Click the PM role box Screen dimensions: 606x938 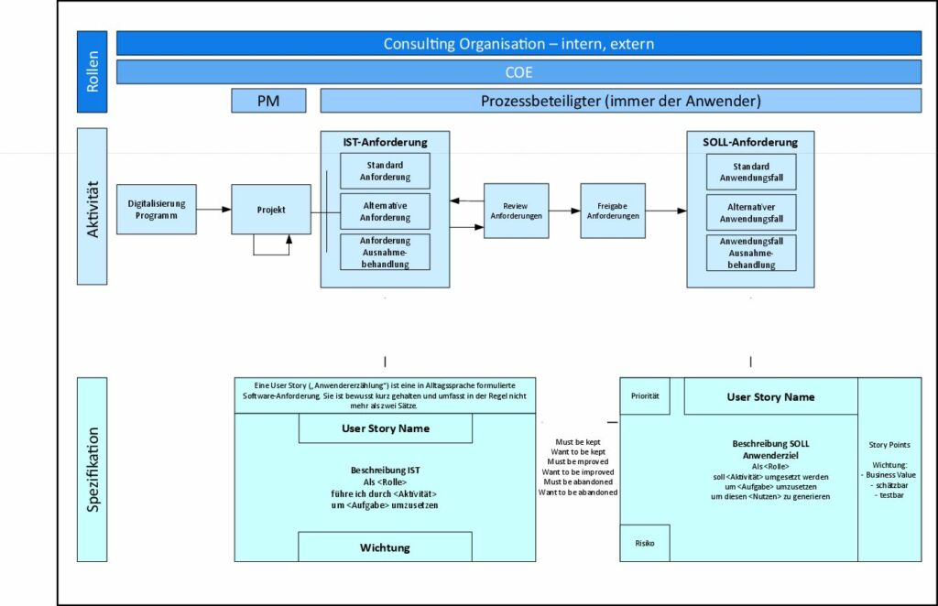(x=268, y=101)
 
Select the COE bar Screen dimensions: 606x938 (x=518, y=72)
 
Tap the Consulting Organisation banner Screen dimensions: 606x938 (x=518, y=43)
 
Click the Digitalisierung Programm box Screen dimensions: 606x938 (x=156, y=210)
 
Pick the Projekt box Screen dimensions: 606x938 (x=271, y=210)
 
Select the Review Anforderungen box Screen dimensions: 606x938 (x=522, y=211)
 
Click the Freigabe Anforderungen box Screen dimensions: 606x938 (x=613, y=211)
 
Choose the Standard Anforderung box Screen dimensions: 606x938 (x=385, y=171)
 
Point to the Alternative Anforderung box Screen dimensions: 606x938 (x=385, y=211)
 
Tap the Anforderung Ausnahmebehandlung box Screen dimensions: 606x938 (x=385, y=252)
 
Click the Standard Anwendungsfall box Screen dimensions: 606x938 (x=751, y=171)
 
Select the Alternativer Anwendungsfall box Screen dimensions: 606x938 (x=751, y=212)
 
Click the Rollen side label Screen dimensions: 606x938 (x=92, y=71)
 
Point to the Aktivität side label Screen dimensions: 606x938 (x=92, y=208)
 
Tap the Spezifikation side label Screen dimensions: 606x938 (x=92, y=469)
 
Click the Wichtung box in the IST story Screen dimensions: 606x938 (x=385, y=547)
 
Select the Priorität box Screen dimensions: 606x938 (x=645, y=396)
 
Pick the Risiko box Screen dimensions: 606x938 (x=645, y=543)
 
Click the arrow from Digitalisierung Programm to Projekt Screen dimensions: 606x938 (x=213, y=210)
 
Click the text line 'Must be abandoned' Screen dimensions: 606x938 (x=578, y=482)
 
